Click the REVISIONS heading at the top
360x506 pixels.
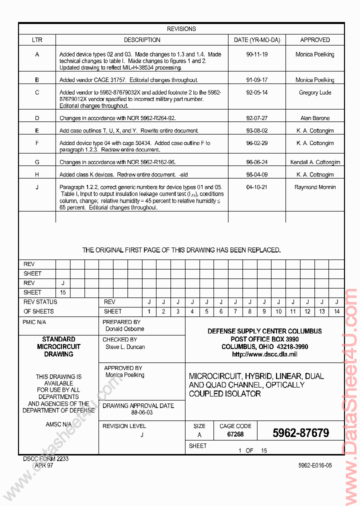(x=181, y=29)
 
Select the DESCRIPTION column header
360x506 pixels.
(x=142, y=40)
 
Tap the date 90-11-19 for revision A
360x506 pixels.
(x=256, y=54)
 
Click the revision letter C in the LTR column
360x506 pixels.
(x=37, y=92)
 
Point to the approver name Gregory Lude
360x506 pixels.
(x=314, y=92)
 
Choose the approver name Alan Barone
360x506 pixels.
(x=314, y=118)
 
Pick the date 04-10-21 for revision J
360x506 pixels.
(x=256, y=187)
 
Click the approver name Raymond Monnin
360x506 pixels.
(x=314, y=187)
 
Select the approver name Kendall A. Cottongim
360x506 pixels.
(x=314, y=162)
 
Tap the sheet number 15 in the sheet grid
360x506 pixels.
(x=63, y=292)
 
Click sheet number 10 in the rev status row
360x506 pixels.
(x=278, y=311)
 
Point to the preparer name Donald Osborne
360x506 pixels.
(x=124, y=329)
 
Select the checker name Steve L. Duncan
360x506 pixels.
(x=125, y=347)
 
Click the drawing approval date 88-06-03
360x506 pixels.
(x=142, y=412)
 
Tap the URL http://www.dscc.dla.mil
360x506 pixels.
(x=264, y=354)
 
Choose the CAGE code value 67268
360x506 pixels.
(x=235, y=434)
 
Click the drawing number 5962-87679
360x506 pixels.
(x=300, y=433)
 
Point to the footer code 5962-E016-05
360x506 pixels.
(x=314, y=465)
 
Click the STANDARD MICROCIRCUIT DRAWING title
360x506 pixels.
(x=58, y=346)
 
